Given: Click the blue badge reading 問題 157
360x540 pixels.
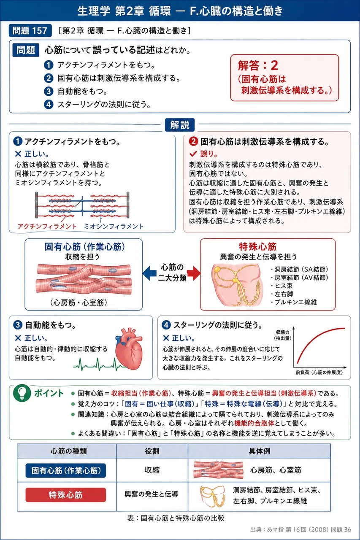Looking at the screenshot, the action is coord(30,31).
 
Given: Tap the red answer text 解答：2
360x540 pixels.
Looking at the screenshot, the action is coord(258,65).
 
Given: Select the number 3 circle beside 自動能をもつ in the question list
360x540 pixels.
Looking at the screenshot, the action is coord(49,91).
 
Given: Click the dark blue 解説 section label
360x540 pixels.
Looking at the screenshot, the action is coord(180,125).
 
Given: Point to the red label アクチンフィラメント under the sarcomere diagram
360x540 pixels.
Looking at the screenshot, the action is coord(47,227).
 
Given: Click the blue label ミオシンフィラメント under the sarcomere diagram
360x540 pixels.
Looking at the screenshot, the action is coord(114,227).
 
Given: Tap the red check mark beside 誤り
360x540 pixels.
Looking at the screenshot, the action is coord(193,154).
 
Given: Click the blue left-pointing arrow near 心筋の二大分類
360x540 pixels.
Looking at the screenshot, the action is coord(149,273).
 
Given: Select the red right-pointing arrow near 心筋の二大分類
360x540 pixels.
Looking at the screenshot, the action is coord(194,273).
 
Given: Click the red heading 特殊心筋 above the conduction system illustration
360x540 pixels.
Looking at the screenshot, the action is coord(258,247).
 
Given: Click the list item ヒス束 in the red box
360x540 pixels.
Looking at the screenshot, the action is coord(282,286).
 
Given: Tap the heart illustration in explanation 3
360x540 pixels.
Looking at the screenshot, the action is coord(129,348).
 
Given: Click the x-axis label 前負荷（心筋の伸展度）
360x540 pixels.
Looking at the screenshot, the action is coord(319,373).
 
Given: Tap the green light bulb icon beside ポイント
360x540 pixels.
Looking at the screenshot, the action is coord(22,393).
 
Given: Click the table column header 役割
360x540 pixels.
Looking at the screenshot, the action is coord(152,451).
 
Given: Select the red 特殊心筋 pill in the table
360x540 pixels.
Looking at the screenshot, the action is coord(65,495).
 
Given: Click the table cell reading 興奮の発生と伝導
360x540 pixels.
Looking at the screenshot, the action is coord(152,494).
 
